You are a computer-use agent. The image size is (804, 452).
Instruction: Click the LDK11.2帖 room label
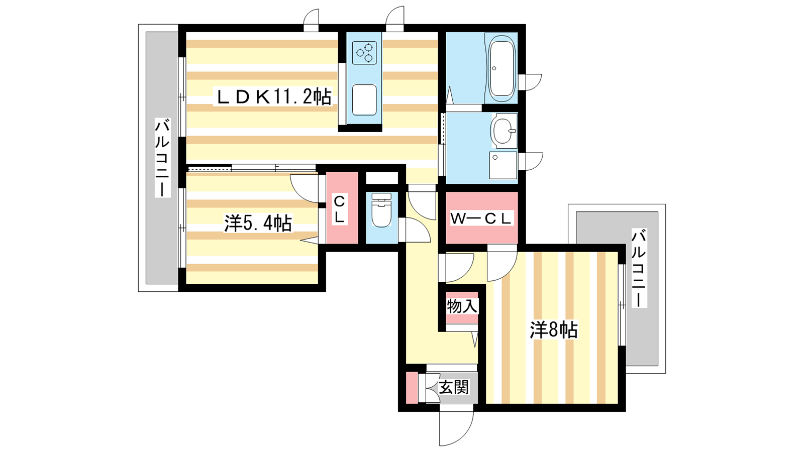tap(273, 96)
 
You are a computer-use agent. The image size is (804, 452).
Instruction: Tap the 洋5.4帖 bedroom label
tap(258, 223)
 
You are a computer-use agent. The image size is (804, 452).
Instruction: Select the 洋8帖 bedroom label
tap(554, 329)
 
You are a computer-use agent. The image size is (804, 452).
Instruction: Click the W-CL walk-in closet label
tap(481, 219)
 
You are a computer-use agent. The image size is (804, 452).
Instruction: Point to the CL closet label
tap(339, 209)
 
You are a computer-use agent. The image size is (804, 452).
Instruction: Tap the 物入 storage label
tap(462, 307)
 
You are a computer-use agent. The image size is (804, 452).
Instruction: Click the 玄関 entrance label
tap(454, 387)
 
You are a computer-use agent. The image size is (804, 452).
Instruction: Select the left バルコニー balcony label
tap(162, 158)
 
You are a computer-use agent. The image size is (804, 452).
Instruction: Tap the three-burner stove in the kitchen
tap(364, 53)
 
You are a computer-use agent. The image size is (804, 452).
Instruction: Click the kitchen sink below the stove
tap(364, 100)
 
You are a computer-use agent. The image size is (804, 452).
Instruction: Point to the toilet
tap(381, 210)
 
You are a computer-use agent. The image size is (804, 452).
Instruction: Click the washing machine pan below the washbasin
tap(503, 165)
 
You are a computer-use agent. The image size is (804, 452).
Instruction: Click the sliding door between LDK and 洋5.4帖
tap(252, 168)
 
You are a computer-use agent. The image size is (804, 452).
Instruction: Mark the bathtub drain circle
tap(494, 68)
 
